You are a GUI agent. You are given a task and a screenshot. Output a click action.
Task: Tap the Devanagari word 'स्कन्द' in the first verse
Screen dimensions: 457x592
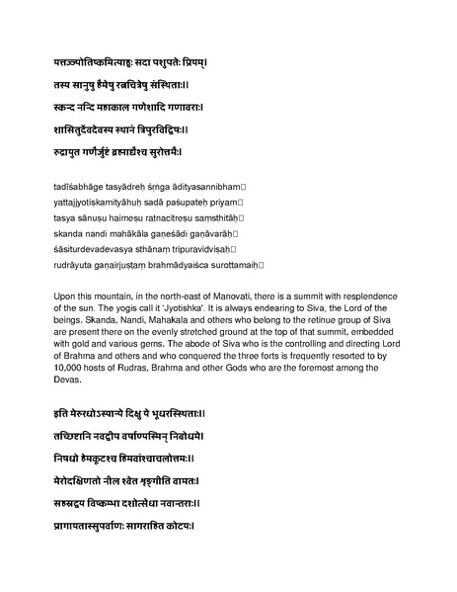click(x=72, y=107)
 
